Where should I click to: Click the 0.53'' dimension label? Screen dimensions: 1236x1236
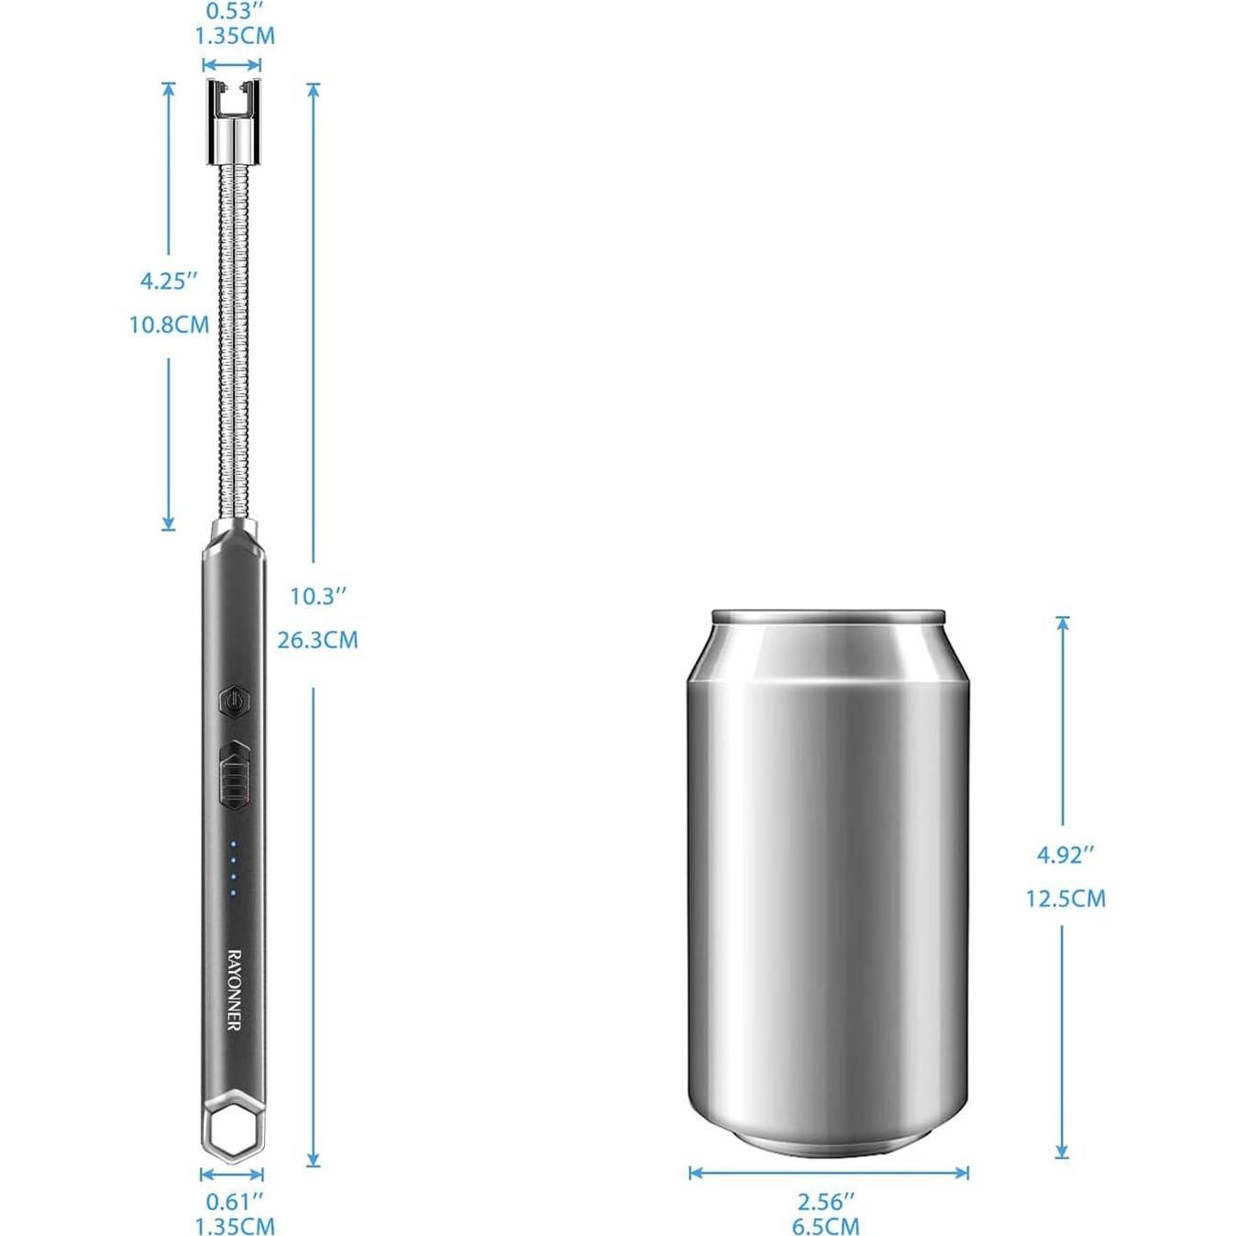(234, 11)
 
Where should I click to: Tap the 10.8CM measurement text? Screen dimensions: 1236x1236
(170, 325)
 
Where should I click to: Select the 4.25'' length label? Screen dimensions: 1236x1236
(168, 281)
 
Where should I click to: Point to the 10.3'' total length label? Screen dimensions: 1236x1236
(318, 597)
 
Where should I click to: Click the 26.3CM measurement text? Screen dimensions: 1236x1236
(317, 640)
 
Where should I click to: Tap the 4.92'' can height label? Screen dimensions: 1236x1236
(1065, 855)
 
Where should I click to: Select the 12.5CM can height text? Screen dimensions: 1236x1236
(1065, 899)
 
